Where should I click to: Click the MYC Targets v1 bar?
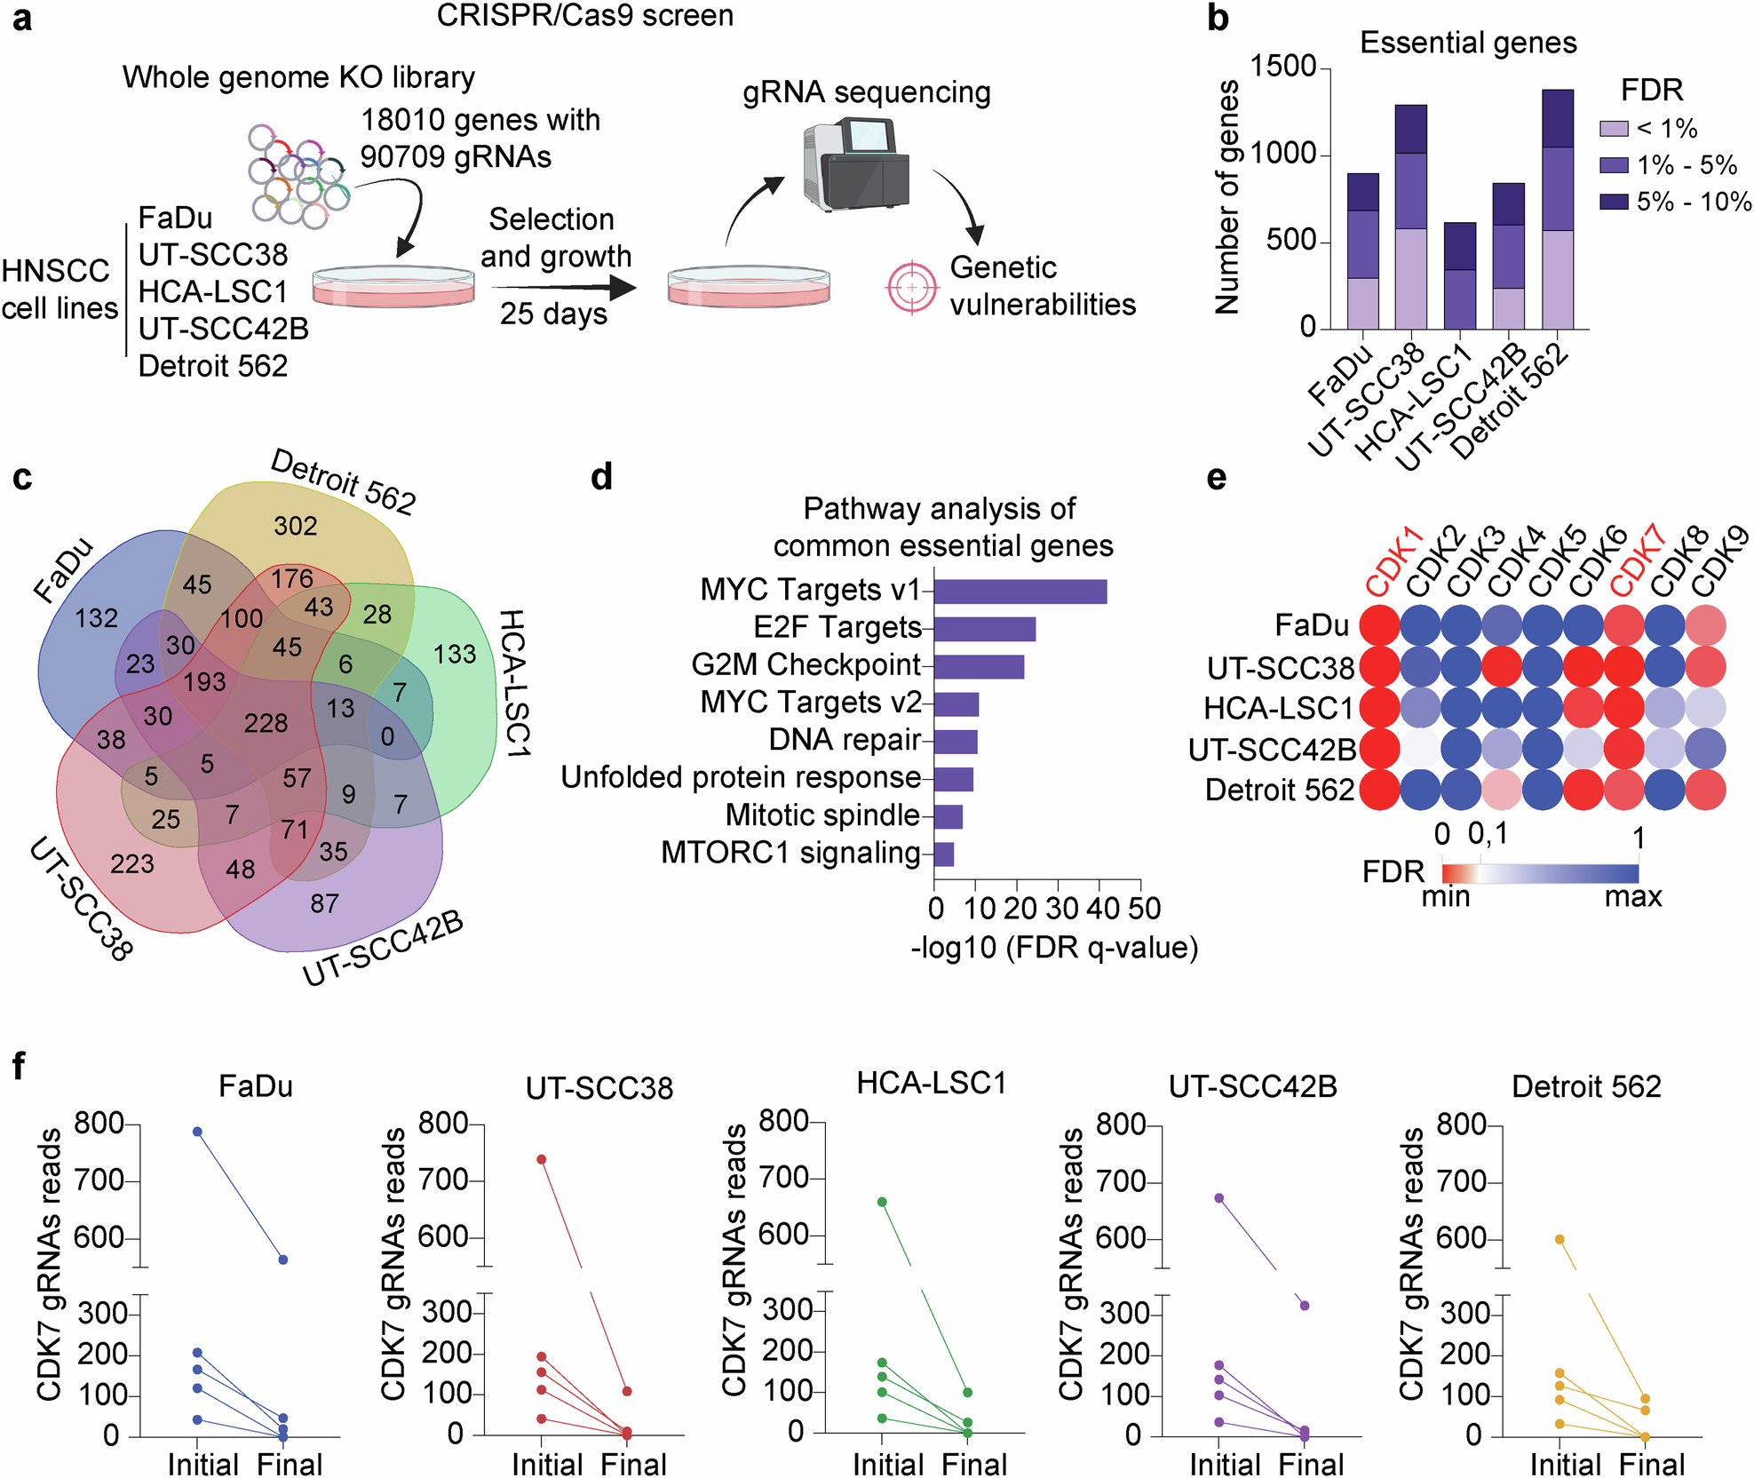point(1020,592)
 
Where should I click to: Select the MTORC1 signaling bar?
point(943,854)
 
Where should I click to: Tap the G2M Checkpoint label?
point(806,664)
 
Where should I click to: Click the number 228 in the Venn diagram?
point(266,723)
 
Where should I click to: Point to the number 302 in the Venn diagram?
point(295,526)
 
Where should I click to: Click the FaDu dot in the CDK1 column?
point(1379,625)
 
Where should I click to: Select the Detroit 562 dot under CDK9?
point(1705,790)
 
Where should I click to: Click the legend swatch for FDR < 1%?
point(1614,129)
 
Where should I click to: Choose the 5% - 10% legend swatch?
point(1614,202)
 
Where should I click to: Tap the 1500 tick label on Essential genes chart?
point(1283,67)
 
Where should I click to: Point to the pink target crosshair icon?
point(911,288)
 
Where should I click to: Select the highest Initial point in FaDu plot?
point(197,1132)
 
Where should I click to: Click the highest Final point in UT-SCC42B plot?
point(1304,1306)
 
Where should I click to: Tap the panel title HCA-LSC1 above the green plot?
point(931,1083)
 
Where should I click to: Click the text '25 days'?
point(553,314)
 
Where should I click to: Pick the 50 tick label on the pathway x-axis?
point(1145,909)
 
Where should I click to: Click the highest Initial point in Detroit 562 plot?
point(1560,1239)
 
